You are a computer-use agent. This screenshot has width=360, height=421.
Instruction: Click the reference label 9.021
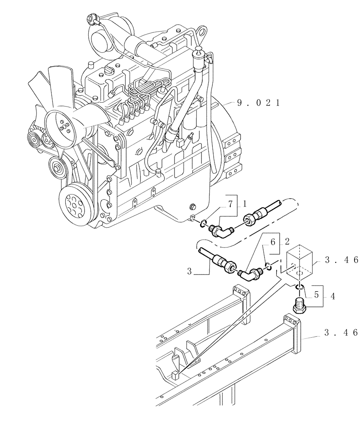tap(258, 103)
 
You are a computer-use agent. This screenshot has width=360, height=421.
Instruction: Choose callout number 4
tap(332, 296)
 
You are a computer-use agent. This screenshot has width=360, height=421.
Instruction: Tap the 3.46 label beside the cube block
tap(340, 261)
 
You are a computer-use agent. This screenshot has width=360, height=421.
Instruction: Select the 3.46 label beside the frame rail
tap(340, 333)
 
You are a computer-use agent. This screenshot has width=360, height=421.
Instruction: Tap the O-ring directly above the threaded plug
tap(299, 287)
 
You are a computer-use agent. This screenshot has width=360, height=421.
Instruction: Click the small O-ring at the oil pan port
tap(203, 223)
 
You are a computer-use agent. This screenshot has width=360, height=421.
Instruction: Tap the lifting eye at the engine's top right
tap(202, 32)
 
